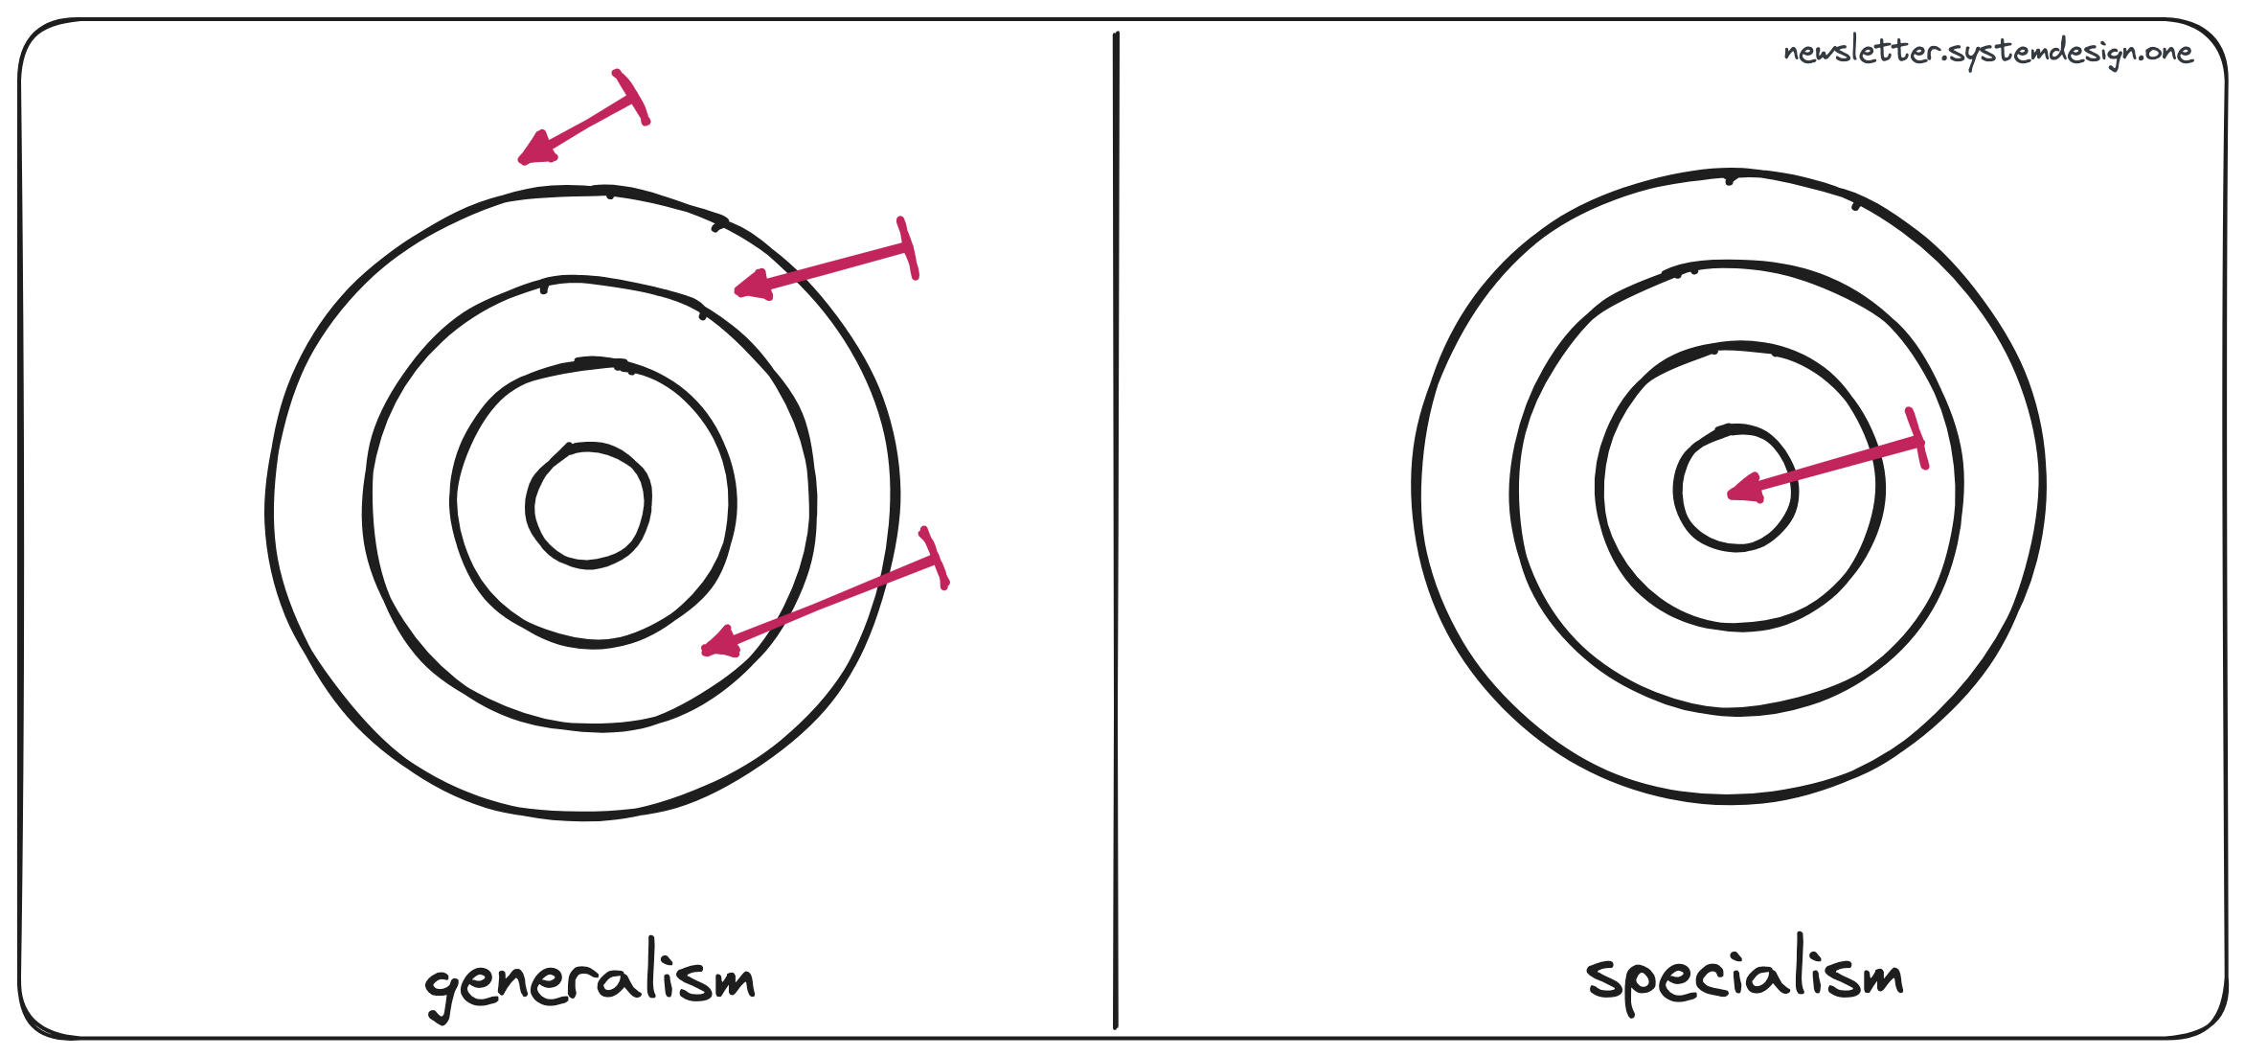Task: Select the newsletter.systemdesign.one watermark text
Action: point(1987,52)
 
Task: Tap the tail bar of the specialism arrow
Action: point(1917,438)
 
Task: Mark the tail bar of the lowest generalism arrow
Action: point(934,557)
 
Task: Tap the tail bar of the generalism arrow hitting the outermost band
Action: point(908,248)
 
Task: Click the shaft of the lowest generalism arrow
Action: point(824,602)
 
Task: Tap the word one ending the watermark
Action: point(2169,52)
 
